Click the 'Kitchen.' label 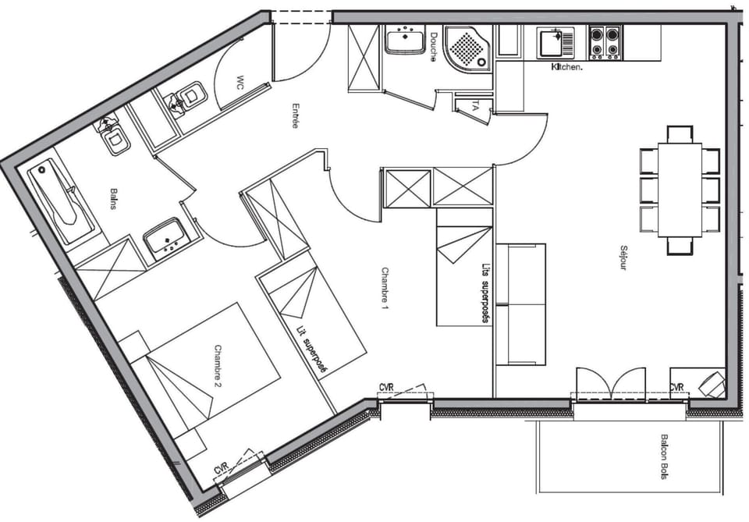[x=567, y=67]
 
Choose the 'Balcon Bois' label [x=664, y=456]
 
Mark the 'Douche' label [x=432, y=47]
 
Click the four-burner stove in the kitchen [x=605, y=42]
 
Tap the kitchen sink [x=556, y=42]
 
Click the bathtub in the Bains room [x=59, y=201]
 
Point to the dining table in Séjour [x=679, y=189]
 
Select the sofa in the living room [x=521, y=304]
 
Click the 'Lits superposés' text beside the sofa [x=485, y=292]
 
